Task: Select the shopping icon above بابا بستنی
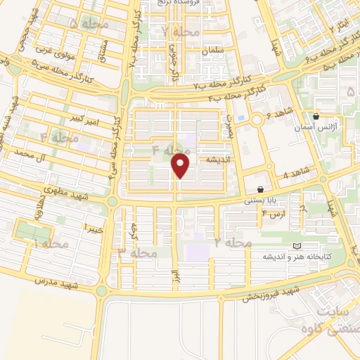(x=261, y=189)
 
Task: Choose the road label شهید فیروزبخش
(x=271, y=294)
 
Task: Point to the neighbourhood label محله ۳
(x=136, y=252)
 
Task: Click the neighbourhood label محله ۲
(x=233, y=243)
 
